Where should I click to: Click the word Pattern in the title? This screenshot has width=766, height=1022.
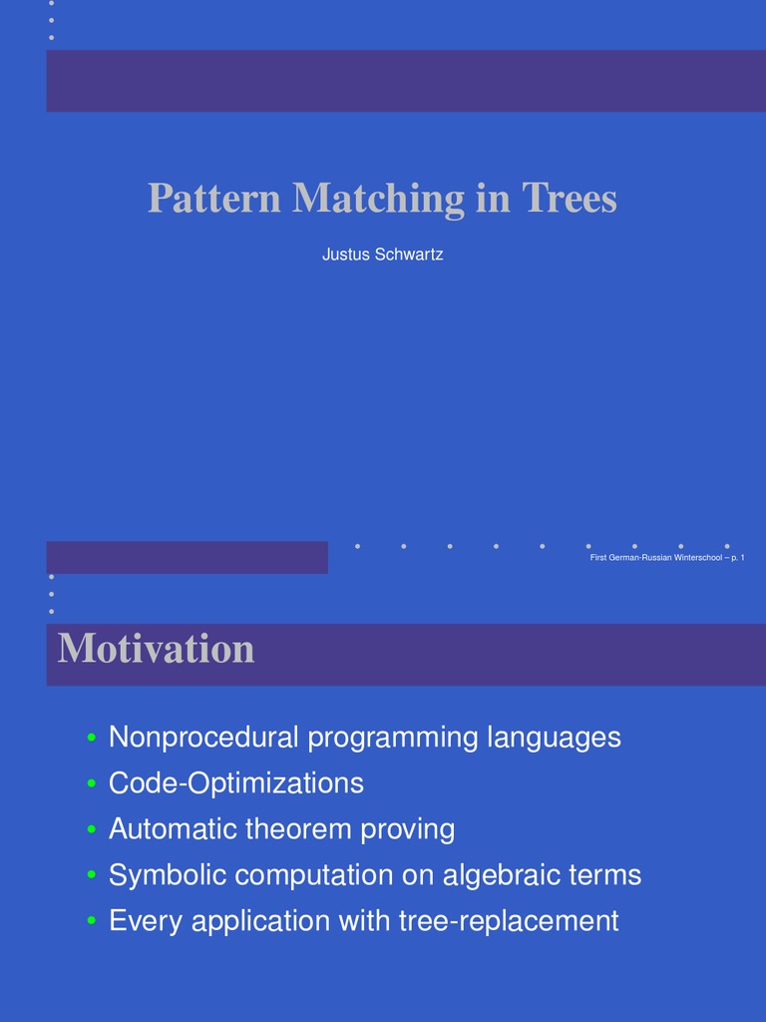[x=214, y=199]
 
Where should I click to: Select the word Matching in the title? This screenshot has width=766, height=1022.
[x=378, y=199]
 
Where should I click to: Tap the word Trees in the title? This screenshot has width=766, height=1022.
[x=570, y=199]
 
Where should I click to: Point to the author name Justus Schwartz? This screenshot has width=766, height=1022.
[x=382, y=255]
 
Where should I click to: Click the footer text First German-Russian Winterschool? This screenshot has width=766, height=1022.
[x=655, y=571]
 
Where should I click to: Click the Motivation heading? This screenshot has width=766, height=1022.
[x=157, y=650]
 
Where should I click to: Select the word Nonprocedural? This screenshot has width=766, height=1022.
[x=203, y=738]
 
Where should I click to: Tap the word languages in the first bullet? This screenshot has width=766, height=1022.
[x=554, y=738]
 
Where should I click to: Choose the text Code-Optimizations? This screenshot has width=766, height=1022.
[x=236, y=783]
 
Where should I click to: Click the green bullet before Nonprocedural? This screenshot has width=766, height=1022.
[x=91, y=739]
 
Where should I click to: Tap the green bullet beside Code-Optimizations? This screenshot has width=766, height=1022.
[x=91, y=784]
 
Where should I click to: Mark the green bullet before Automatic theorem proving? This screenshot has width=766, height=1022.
[x=91, y=829]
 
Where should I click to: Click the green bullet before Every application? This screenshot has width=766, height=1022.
[x=91, y=921]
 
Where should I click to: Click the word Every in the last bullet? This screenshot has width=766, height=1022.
[x=146, y=920]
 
